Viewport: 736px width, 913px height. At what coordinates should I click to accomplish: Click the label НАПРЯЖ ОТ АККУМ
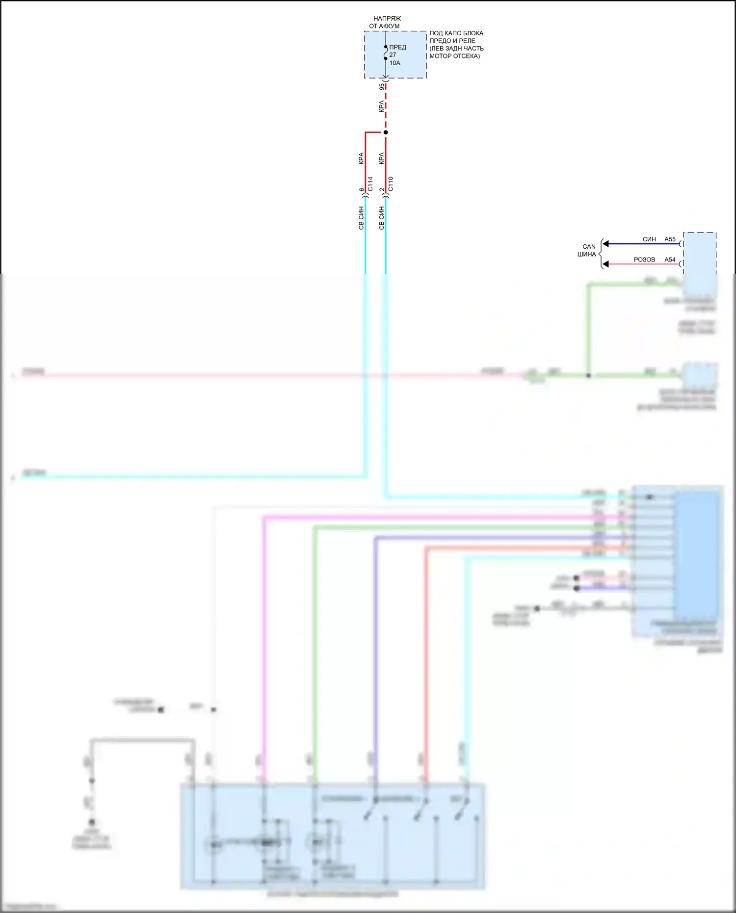click(x=385, y=22)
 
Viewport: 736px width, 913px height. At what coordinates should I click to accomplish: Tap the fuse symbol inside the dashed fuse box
click(x=386, y=53)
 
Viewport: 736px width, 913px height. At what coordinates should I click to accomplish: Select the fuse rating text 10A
click(x=395, y=63)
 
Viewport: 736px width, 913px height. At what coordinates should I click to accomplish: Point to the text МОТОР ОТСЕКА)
click(x=454, y=56)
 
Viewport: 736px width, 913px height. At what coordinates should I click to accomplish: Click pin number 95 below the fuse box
click(x=382, y=87)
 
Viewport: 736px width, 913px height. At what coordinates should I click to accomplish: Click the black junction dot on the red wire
click(x=386, y=132)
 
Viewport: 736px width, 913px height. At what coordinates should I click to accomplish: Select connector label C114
click(x=370, y=184)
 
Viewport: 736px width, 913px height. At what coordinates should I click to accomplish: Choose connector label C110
click(x=391, y=184)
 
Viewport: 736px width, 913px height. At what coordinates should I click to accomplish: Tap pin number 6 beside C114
click(x=362, y=190)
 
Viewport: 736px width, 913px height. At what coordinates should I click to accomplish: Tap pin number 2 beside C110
click(x=382, y=190)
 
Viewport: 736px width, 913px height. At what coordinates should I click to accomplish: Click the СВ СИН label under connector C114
click(x=361, y=218)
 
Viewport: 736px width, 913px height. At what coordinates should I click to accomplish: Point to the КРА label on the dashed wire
click(x=381, y=106)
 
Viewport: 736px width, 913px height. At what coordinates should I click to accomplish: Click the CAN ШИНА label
click(x=588, y=250)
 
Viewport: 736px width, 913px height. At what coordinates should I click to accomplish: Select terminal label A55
click(x=670, y=239)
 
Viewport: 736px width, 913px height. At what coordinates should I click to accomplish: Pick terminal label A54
click(x=670, y=260)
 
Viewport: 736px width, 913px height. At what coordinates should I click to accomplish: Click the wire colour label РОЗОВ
click(x=644, y=260)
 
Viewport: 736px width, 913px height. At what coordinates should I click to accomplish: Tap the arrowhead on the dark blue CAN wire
click(x=606, y=244)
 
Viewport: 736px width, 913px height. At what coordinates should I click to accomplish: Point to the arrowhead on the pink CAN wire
click(x=606, y=264)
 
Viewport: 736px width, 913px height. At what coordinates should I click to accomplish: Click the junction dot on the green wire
click(x=588, y=375)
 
